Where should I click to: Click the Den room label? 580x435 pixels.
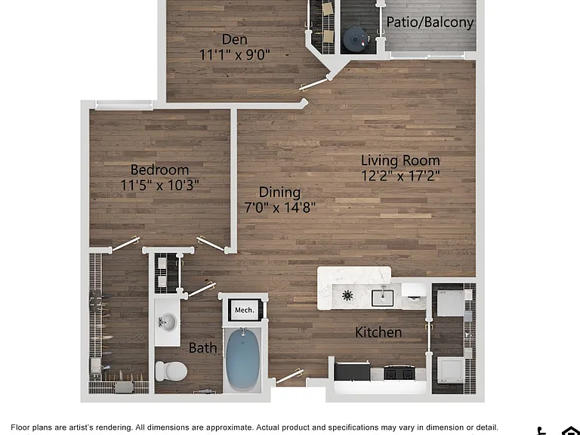[235, 39]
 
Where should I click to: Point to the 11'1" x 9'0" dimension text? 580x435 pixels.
[235, 54]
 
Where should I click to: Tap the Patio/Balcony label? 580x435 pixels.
[430, 22]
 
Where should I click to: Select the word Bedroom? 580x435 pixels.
[160, 170]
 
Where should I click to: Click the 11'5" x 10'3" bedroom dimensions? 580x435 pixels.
[160, 184]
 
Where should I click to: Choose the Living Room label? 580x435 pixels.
[400, 161]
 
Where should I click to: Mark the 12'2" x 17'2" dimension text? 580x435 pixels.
[400, 175]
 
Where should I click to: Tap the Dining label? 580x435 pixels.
[279, 193]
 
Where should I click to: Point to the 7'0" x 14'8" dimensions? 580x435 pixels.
[280, 207]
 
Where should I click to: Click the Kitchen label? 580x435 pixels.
[378, 332]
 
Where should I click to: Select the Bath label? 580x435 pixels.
[202, 347]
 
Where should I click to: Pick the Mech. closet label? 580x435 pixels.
[245, 310]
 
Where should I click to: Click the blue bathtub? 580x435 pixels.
[242, 359]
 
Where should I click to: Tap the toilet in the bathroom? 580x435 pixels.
[171, 371]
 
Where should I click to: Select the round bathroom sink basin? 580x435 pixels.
[168, 322]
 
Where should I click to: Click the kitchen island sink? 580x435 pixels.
[382, 298]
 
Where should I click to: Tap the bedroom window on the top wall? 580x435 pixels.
[124, 105]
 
